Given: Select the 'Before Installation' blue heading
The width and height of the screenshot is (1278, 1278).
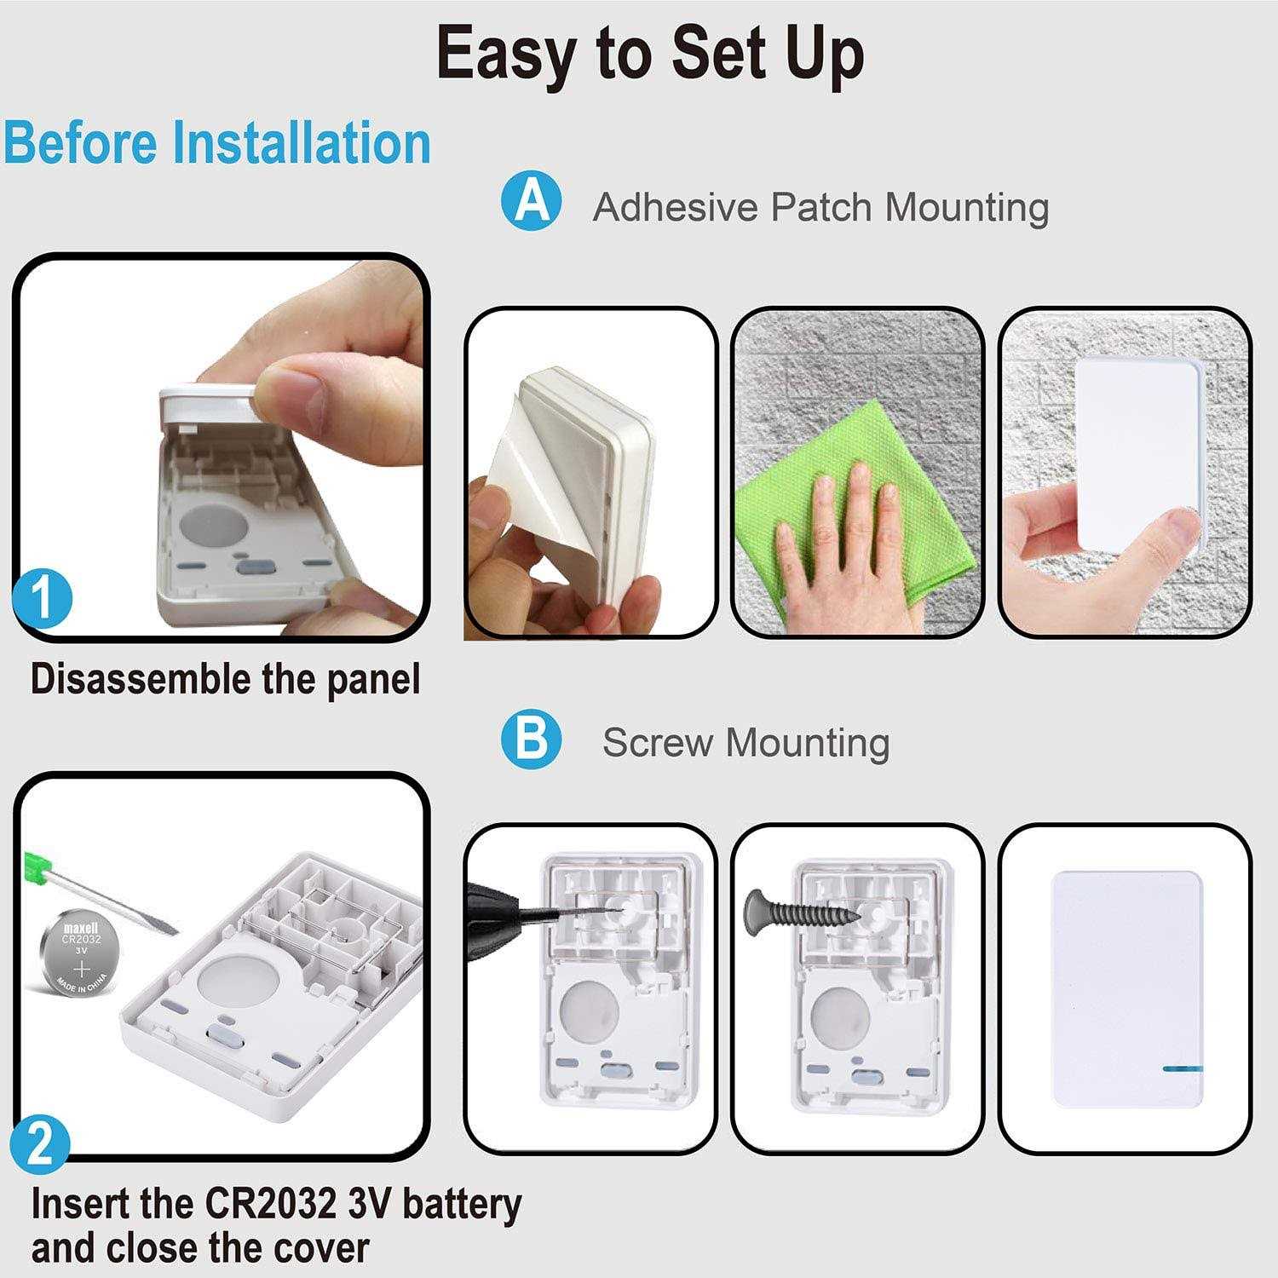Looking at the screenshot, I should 217,142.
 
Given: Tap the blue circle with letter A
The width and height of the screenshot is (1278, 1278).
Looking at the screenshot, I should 532,202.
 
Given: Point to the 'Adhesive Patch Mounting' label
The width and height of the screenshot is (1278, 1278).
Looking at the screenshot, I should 820,207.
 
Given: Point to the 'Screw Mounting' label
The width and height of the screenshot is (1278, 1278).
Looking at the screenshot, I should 745,742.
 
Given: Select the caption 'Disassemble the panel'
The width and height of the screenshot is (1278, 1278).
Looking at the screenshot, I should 226,680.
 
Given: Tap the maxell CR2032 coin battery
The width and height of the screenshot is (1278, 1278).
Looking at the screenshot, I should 82,953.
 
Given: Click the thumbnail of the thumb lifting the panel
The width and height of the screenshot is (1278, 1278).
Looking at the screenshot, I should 222,447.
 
